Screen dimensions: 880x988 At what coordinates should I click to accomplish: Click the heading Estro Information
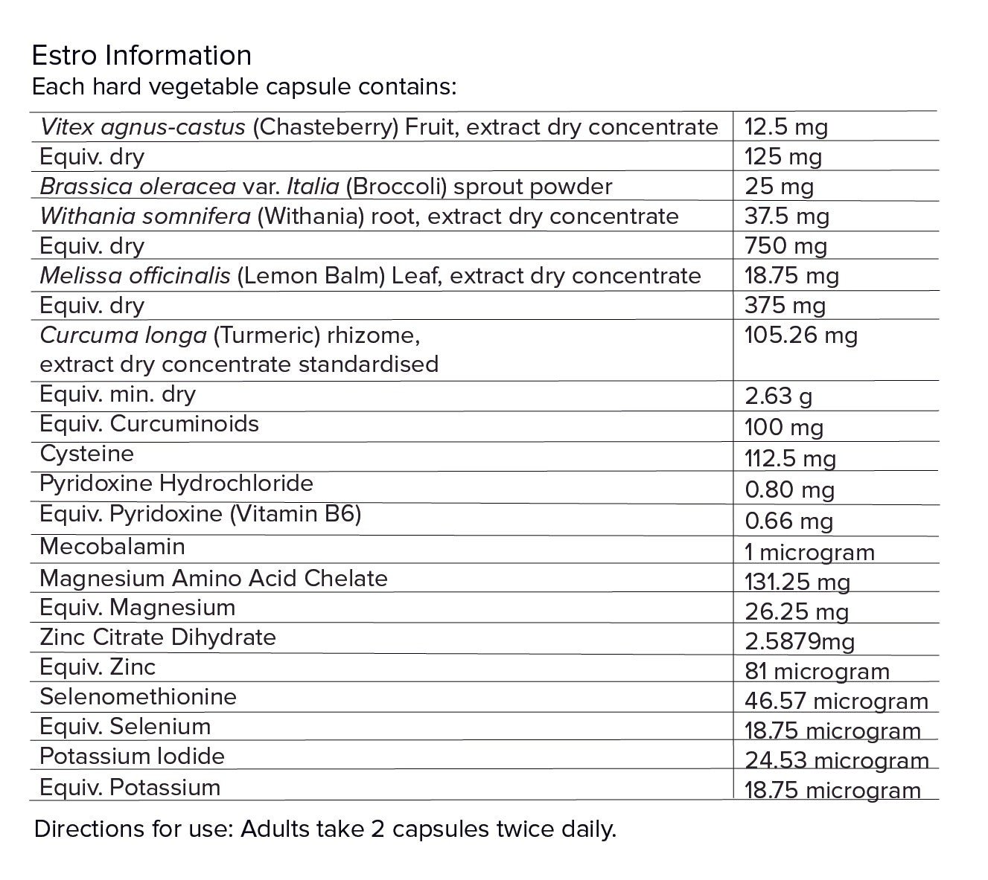pos(141,55)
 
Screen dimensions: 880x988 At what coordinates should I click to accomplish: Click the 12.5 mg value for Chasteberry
pos(785,127)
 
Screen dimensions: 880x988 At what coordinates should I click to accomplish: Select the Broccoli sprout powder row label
pos(325,186)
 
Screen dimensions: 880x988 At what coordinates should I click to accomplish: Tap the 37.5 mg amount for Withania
pos(786,216)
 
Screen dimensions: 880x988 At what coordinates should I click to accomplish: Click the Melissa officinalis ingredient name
pos(135,276)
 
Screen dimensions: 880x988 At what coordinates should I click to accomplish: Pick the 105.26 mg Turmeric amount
pos(800,335)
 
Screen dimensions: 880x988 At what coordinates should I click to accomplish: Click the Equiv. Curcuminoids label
pos(149,424)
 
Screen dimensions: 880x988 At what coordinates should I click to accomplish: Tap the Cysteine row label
pos(86,454)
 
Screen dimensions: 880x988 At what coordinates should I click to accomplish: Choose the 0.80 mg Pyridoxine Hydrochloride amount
pos(789,490)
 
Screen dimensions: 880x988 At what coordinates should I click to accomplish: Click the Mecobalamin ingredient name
pos(112,547)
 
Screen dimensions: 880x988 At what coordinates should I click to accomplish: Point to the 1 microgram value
pos(809,553)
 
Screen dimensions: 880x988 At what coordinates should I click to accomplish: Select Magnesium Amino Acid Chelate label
pos(213,578)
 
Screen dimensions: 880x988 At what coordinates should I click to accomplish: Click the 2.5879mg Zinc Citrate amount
pos(799,641)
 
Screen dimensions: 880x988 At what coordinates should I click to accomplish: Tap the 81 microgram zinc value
pos(817,672)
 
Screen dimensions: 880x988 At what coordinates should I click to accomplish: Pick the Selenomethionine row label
pos(138,697)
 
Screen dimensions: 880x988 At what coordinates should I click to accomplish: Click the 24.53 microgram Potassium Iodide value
pos(836,761)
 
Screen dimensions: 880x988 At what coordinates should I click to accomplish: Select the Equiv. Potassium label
pos(130,787)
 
